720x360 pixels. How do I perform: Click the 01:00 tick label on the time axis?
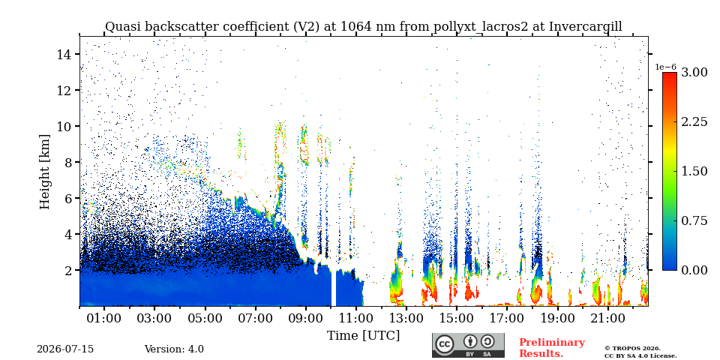105,318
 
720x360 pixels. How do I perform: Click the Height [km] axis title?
44,172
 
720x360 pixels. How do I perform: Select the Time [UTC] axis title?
363,336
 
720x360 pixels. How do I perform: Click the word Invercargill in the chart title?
586,27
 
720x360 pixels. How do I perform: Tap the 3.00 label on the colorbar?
694,73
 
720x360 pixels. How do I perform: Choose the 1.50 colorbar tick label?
694,171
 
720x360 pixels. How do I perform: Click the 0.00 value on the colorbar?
694,270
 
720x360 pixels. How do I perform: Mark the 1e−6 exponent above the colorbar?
665,67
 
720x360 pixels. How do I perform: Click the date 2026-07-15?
65,349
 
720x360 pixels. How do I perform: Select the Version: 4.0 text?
174,349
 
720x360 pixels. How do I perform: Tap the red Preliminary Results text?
551,348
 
